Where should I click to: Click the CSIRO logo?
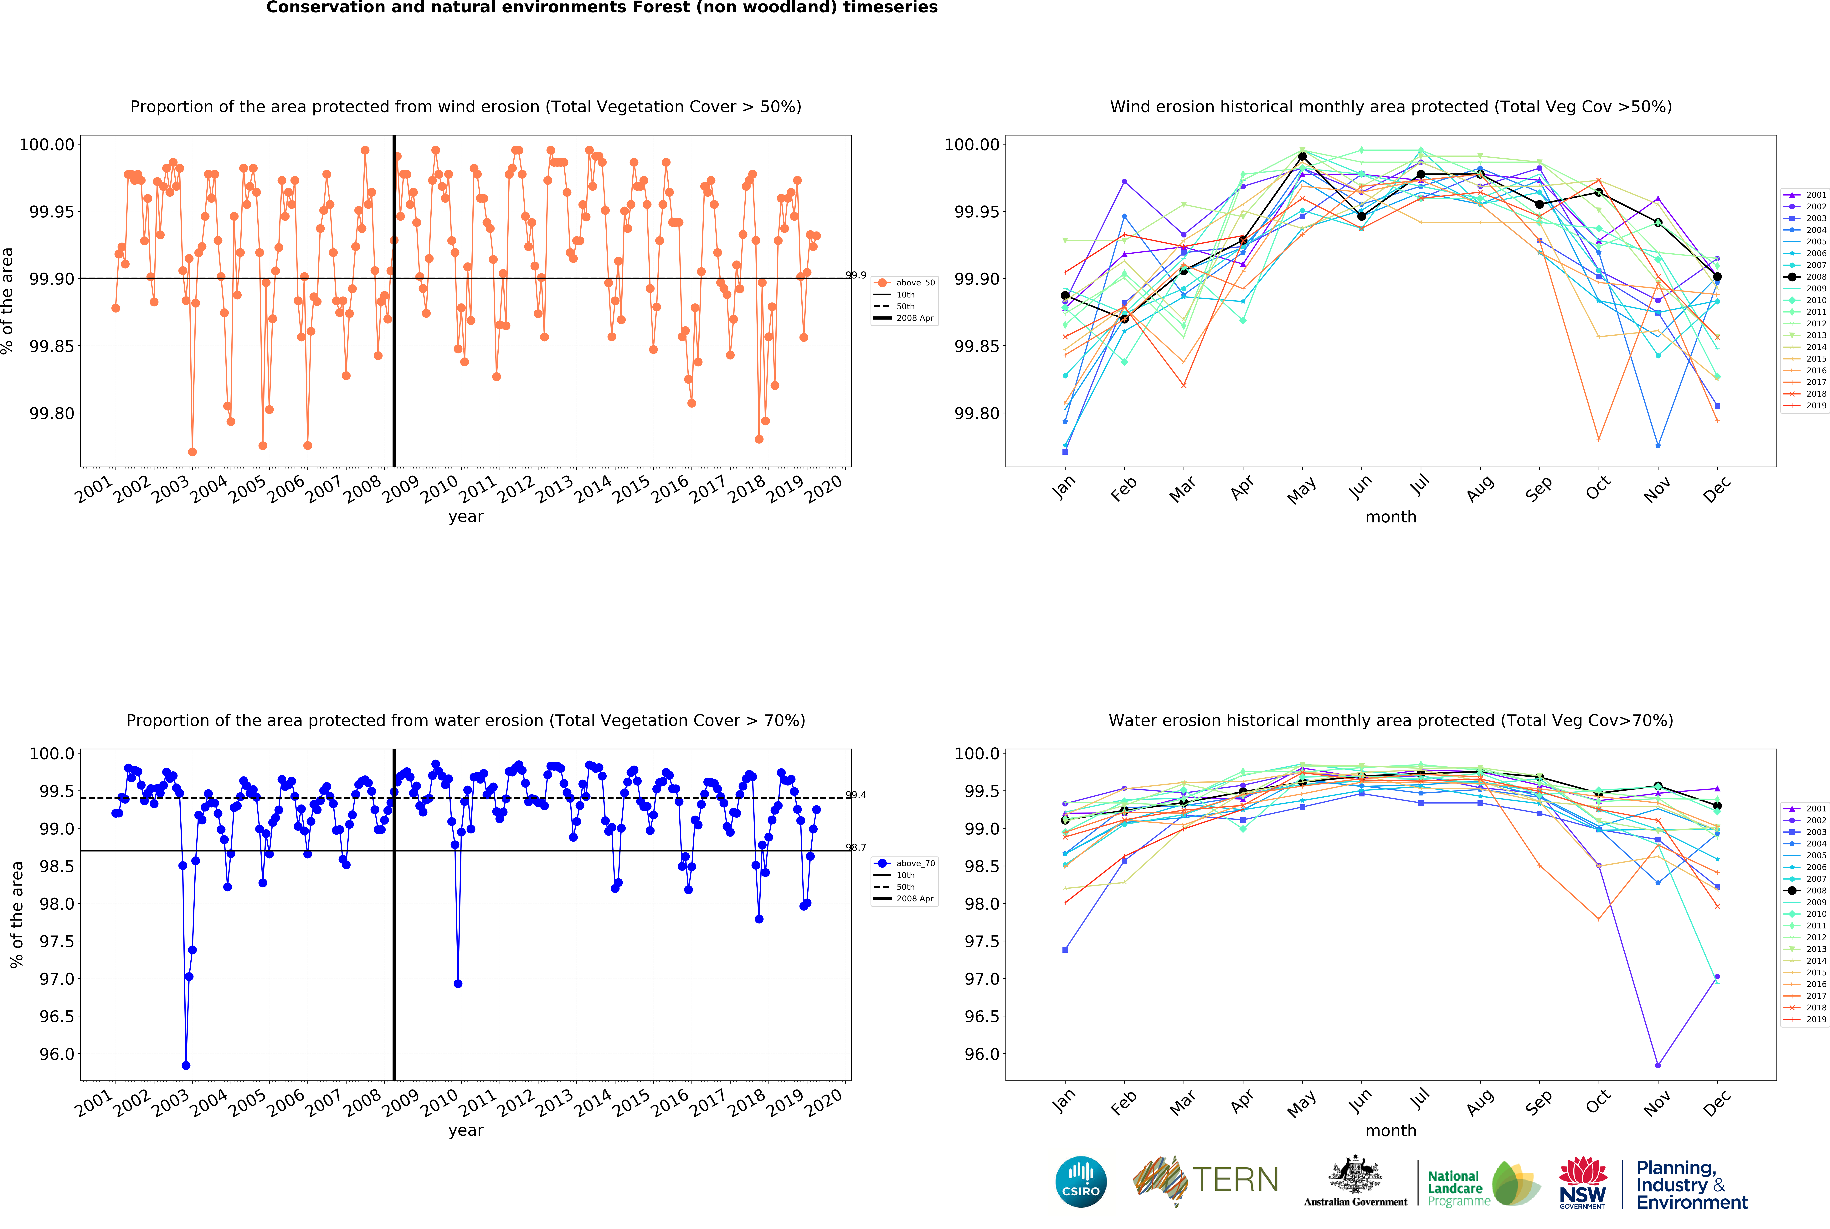[x=1080, y=1181]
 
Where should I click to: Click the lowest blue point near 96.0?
[x=186, y=1065]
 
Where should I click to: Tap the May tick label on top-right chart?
[x=1302, y=490]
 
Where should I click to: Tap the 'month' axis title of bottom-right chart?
[x=1391, y=1130]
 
